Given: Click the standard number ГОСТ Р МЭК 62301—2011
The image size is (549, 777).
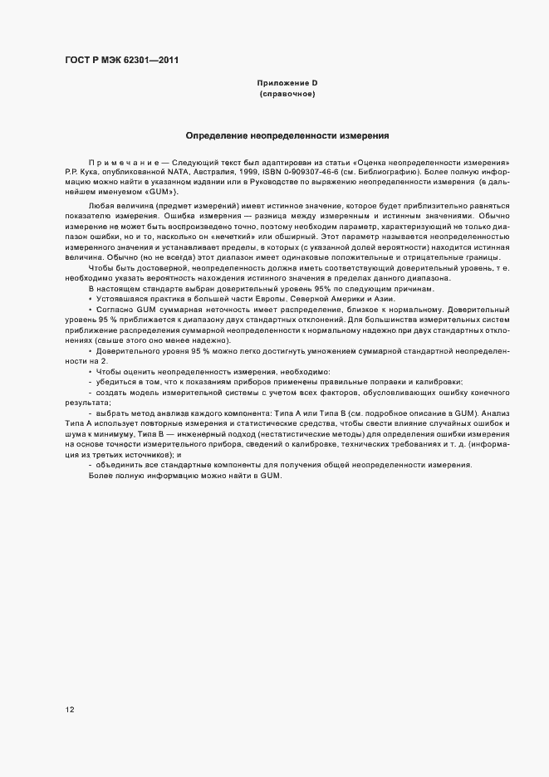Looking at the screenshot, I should coord(122,61).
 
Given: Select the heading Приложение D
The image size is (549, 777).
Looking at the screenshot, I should coord(287,83).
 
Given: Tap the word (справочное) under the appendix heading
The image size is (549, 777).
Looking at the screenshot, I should coord(287,94).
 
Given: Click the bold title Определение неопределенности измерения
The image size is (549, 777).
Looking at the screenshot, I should coord(287,134).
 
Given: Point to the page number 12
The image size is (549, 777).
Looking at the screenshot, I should coord(70,710).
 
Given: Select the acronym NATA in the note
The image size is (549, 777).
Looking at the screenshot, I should coord(190,172).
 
